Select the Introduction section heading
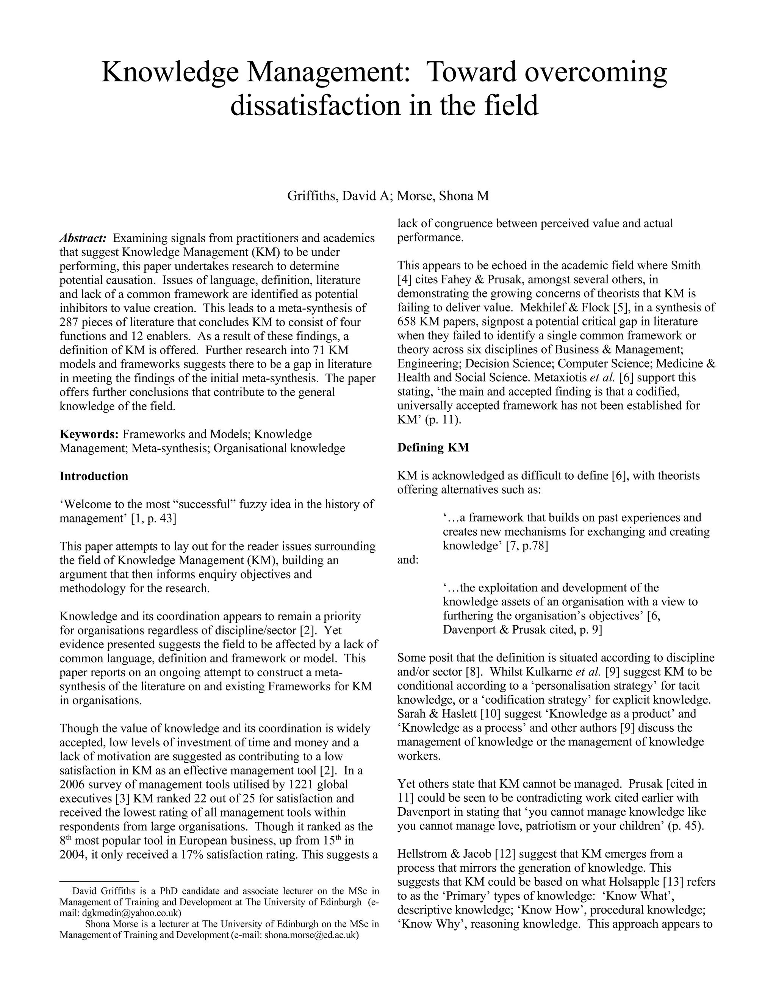point(94,476)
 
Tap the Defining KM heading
point(433,447)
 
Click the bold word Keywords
point(89,434)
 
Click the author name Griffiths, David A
point(339,196)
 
